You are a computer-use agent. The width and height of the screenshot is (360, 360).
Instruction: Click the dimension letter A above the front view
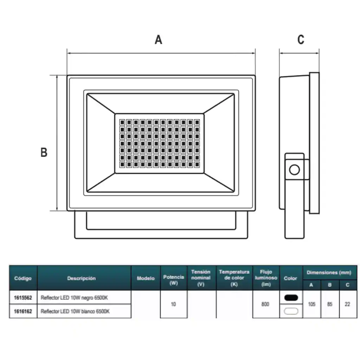(x=159, y=40)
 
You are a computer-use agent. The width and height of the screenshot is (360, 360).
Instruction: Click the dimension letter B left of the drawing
(x=44, y=152)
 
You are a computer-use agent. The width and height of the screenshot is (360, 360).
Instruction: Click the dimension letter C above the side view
(x=301, y=40)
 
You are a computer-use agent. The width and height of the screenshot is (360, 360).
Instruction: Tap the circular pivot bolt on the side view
(x=294, y=170)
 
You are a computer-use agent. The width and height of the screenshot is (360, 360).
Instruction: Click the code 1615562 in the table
(x=23, y=298)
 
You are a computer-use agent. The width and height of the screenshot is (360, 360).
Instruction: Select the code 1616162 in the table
(x=23, y=311)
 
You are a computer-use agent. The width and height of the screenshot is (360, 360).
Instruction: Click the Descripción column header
(x=82, y=278)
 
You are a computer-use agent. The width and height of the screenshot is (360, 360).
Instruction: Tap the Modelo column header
(x=146, y=278)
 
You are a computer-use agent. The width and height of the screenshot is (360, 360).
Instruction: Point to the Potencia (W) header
(x=173, y=280)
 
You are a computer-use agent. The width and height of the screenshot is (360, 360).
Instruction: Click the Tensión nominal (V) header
(x=201, y=278)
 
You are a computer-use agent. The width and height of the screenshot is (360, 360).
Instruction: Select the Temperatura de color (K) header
(x=234, y=278)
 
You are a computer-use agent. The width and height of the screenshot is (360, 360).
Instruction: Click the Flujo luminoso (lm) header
(x=266, y=278)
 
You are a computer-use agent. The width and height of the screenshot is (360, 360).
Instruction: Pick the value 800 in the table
(x=265, y=304)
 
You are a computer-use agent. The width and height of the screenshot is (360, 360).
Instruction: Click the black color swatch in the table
(x=291, y=297)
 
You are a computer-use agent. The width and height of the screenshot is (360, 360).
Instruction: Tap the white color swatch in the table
(x=291, y=311)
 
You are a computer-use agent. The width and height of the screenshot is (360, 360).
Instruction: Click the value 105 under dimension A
(x=311, y=304)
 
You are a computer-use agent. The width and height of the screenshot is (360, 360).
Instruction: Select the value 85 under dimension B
(x=330, y=304)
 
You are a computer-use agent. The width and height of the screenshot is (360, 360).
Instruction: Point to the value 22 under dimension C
(x=347, y=304)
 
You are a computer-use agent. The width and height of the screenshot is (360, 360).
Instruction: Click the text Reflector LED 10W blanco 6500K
(x=75, y=311)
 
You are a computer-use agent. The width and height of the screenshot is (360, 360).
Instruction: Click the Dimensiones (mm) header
(x=329, y=272)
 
